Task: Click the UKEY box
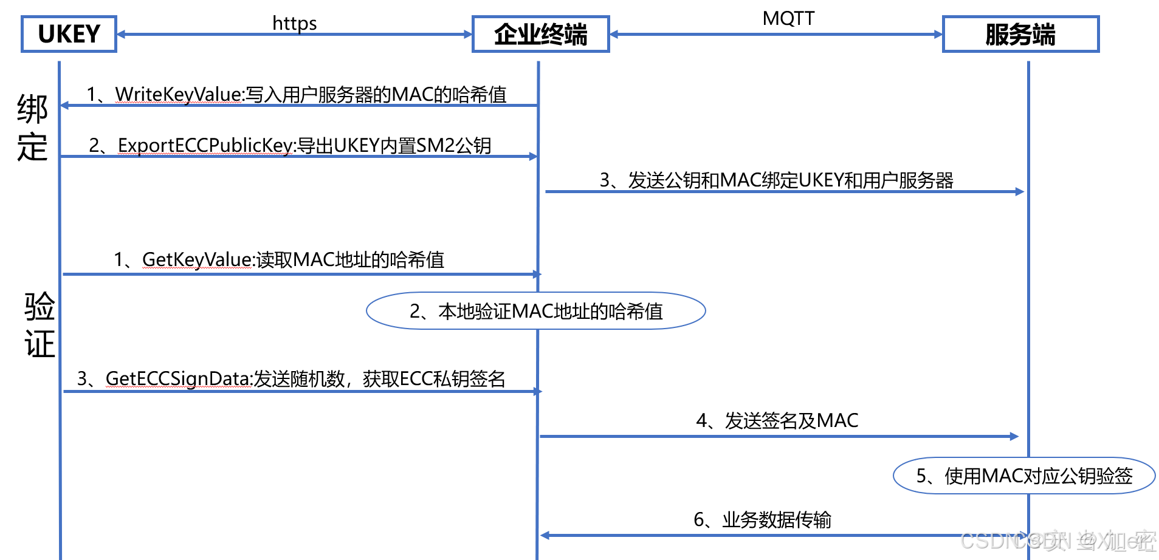coord(69,34)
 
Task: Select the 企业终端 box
coord(540,34)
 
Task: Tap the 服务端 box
coord(1020,34)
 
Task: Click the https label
coord(294,23)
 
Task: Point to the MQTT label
coord(788,19)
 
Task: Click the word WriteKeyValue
coord(179,94)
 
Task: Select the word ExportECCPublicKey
coord(205,145)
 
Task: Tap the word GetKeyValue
coord(196,259)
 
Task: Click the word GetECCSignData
coord(178,378)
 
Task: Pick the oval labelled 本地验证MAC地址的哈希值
coord(535,311)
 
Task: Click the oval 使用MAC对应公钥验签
coord(1023,476)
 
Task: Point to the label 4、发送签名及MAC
coord(777,420)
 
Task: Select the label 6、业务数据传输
coord(762,519)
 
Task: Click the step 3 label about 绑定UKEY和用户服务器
coord(776,180)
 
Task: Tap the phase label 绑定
coord(32,128)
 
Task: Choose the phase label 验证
coord(40,324)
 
